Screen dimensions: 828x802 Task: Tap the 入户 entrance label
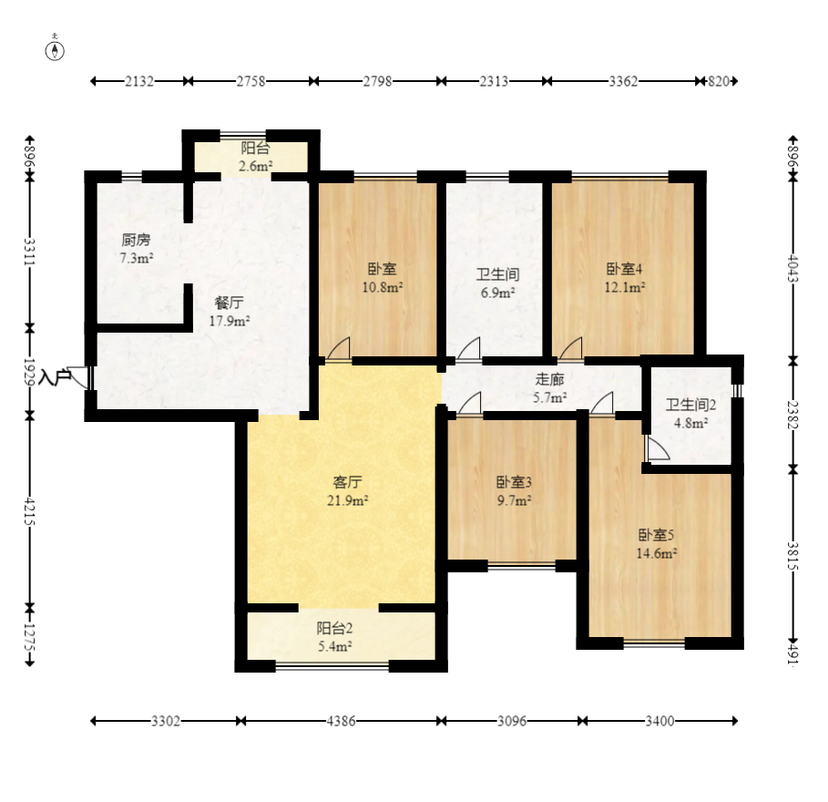coord(55,377)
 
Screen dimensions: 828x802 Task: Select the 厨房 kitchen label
coord(137,241)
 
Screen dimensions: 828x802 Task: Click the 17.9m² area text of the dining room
coord(230,321)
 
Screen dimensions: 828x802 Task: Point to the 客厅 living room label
coord(347,482)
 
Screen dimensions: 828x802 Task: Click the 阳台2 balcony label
coord(335,628)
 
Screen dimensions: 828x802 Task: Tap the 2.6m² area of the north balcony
coord(256,167)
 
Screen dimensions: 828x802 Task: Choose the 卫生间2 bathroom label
coord(690,406)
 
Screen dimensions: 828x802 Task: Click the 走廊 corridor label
coord(549,379)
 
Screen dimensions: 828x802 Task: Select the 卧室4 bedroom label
coord(624,269)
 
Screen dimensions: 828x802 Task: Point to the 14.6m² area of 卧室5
coord(657,554)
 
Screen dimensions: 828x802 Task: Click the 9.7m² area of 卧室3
coord(514,500)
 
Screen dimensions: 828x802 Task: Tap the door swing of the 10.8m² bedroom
coord(339,349)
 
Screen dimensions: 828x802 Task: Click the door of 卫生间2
coord(657,448)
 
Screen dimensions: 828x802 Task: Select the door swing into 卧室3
coord(469,404)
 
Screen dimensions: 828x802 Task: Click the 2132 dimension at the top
coord(139,81)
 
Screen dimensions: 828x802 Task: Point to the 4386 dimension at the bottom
coord(341,721)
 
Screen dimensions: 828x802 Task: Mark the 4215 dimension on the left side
coord(29,511)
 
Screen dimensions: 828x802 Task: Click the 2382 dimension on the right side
coord(793,415)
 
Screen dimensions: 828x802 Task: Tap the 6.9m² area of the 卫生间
coord(498,293)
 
